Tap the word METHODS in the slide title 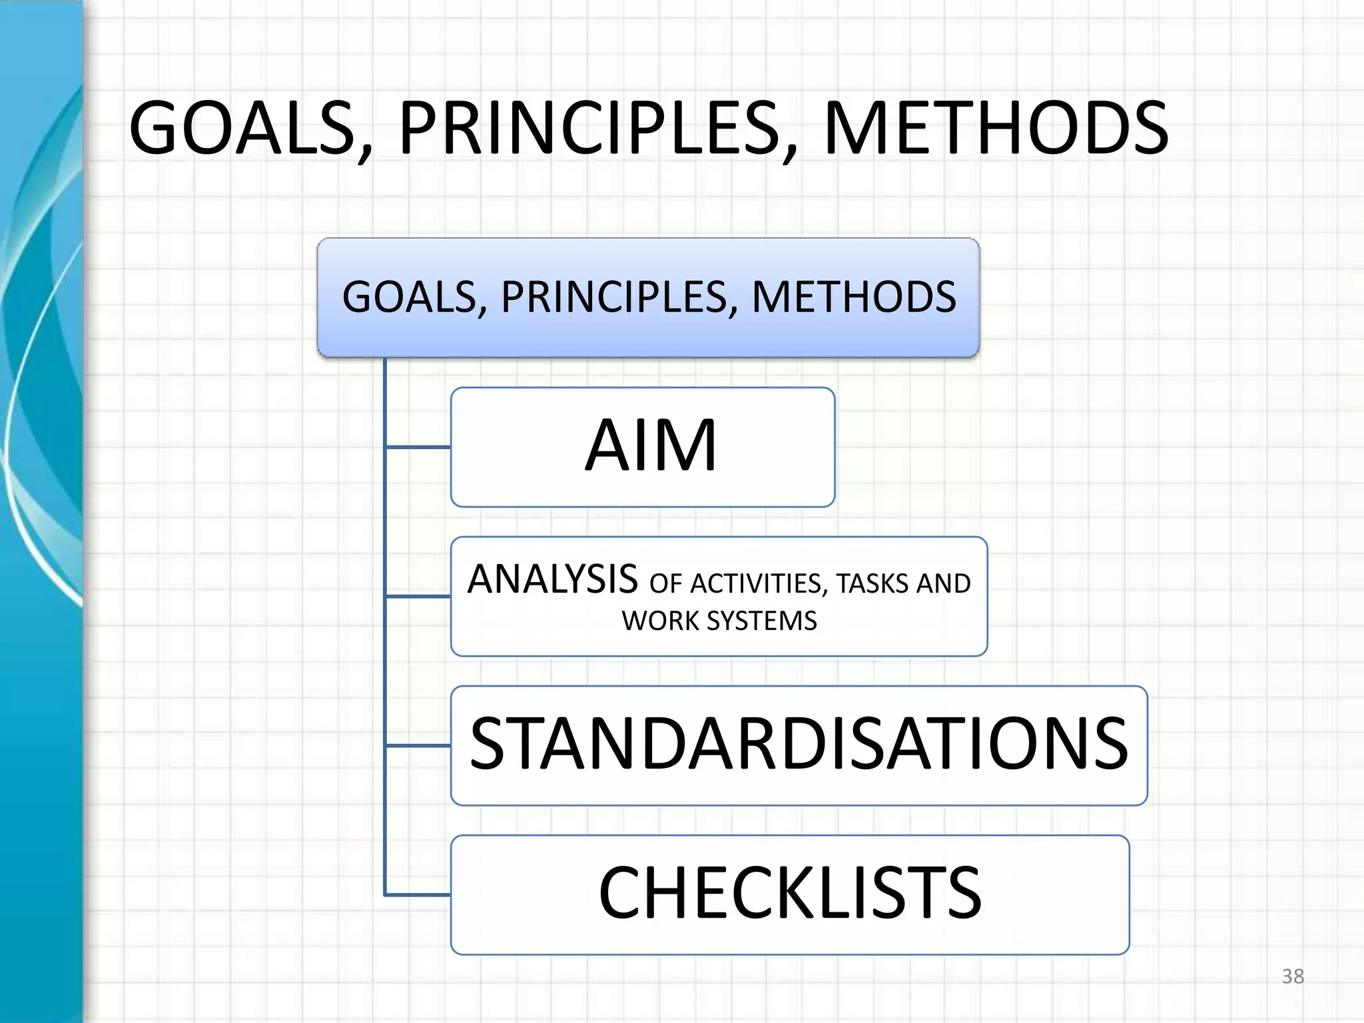point(995,128)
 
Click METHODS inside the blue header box point(854,297)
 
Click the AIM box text point(651,446)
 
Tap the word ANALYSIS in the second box point(552,579)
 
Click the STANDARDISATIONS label point(799,744)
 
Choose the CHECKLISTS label point(790,893)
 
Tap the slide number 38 point(1293,976)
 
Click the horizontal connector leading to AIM point(418,447)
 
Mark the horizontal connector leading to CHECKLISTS point(418,894)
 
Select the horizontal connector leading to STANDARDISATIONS point(418,745)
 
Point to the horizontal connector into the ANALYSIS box point(418,596)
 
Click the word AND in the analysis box point(943,584)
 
